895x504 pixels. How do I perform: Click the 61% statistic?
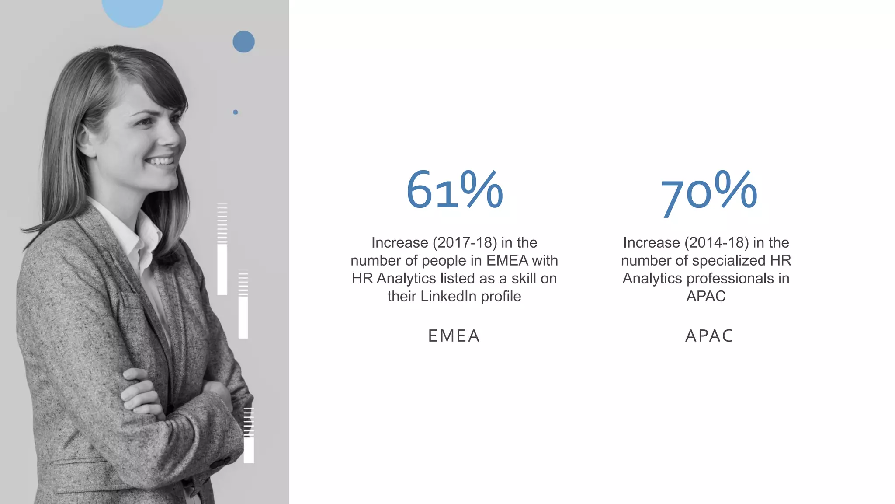tap(454, 190)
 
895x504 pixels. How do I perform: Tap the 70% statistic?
tap(708, 192)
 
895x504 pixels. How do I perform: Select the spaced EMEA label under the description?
tap(454, 336)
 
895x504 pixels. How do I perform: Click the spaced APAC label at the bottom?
tap(709, 336)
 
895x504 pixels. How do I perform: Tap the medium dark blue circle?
tap(243, 42)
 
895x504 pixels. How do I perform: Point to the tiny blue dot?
tap(236, 112)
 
